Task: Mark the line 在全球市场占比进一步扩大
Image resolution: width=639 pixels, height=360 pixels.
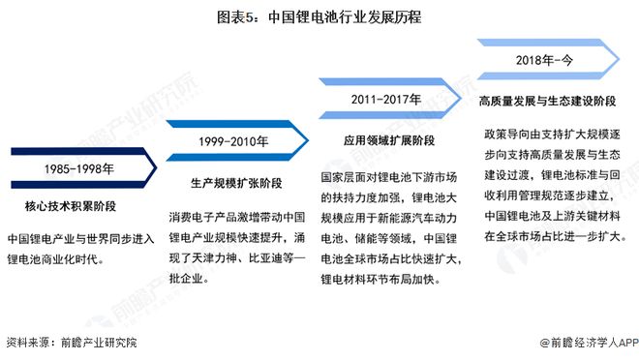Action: point(556,235)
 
